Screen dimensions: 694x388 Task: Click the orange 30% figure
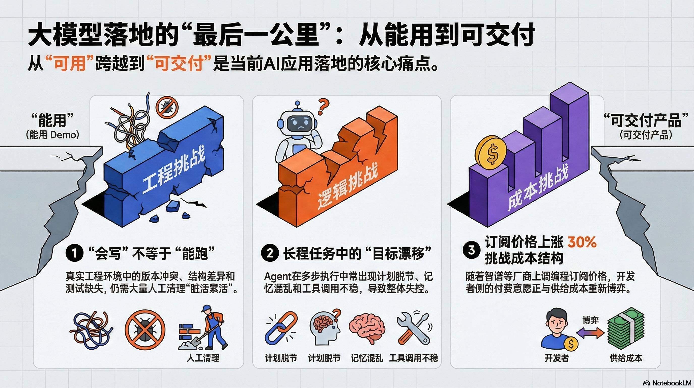point(582,242)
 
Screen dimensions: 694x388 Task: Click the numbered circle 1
point(74,253)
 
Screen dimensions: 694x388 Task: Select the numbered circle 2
point(270,253)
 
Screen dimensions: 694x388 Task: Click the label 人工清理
point(204,358)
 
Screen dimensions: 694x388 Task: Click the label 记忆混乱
point(367,358)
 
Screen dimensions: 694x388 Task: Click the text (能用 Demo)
point(52,135)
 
